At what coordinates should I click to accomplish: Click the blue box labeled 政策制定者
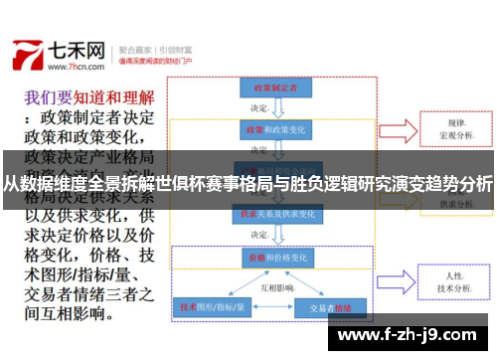270,88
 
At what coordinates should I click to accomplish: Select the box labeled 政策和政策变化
270,130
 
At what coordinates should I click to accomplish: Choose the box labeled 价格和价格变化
270,257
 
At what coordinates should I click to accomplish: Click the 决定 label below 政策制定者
259,108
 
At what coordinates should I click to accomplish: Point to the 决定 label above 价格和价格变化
259,235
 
